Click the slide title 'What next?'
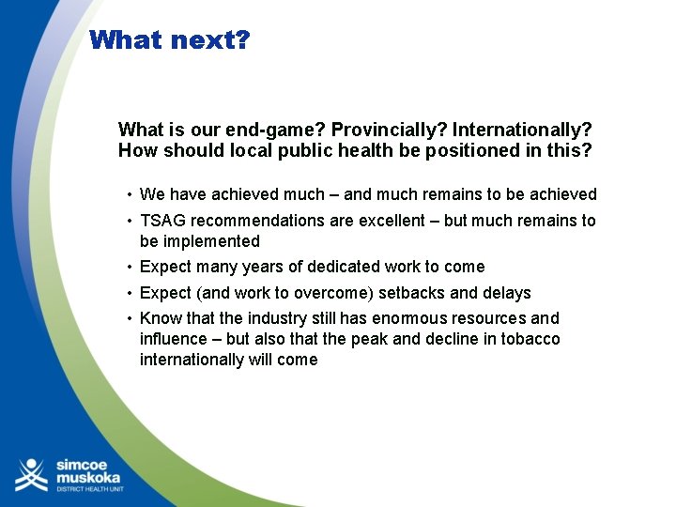tap(170, 40)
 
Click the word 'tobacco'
tap(531, 339)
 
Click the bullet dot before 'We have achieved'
tap(129, 195)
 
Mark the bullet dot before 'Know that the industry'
tap(129, 319)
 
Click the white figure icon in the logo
tap(30, 474)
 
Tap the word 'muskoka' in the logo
tap(87, 476)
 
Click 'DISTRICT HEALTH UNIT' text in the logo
tap(88, 489)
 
